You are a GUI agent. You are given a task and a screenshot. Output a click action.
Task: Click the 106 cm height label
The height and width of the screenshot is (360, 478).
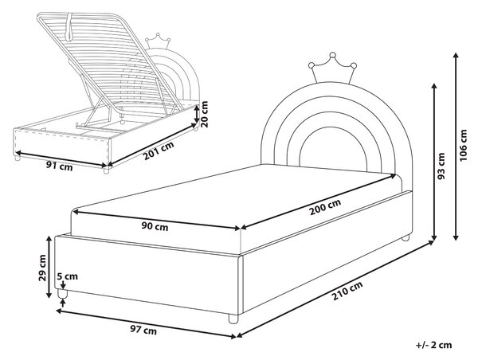point(464,146)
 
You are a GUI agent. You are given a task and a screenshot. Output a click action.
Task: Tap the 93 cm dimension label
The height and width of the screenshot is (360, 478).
point(441,166)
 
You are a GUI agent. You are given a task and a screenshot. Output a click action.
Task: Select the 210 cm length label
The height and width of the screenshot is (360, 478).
point(347,291)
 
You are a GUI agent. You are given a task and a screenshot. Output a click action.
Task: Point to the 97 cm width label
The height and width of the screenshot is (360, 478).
point(143,330)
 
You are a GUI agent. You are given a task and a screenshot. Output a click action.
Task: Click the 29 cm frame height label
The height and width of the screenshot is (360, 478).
point(42,268)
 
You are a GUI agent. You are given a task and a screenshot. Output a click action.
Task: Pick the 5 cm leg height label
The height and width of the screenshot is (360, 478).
point(68,276)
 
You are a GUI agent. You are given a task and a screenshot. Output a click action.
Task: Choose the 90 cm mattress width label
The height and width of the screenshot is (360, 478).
point(155,226)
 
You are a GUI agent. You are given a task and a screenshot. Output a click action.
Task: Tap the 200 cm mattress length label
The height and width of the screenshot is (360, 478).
point(325,207)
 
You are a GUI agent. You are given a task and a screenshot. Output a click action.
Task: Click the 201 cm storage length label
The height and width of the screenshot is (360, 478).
point(159,151)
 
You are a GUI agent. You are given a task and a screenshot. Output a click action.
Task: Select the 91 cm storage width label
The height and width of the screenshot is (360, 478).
point(60,166)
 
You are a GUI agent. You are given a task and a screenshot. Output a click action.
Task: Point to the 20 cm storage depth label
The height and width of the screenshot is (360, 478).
point(204,114)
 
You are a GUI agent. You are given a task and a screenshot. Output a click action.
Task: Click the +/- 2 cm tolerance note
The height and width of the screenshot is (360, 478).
point(433,345)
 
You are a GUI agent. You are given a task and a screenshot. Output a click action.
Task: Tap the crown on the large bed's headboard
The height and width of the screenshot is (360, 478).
point(332,68)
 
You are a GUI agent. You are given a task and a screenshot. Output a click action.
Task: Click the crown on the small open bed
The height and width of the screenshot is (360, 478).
point(157,41)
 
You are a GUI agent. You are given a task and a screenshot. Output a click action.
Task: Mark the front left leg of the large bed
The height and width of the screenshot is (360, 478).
point(62,294)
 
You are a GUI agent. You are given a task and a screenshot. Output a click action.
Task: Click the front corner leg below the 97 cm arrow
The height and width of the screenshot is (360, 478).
point(233,319)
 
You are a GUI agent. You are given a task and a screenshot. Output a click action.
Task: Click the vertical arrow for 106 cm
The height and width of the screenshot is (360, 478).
point(456,146)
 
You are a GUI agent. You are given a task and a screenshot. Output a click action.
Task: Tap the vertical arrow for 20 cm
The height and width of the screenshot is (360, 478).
point(197,114)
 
